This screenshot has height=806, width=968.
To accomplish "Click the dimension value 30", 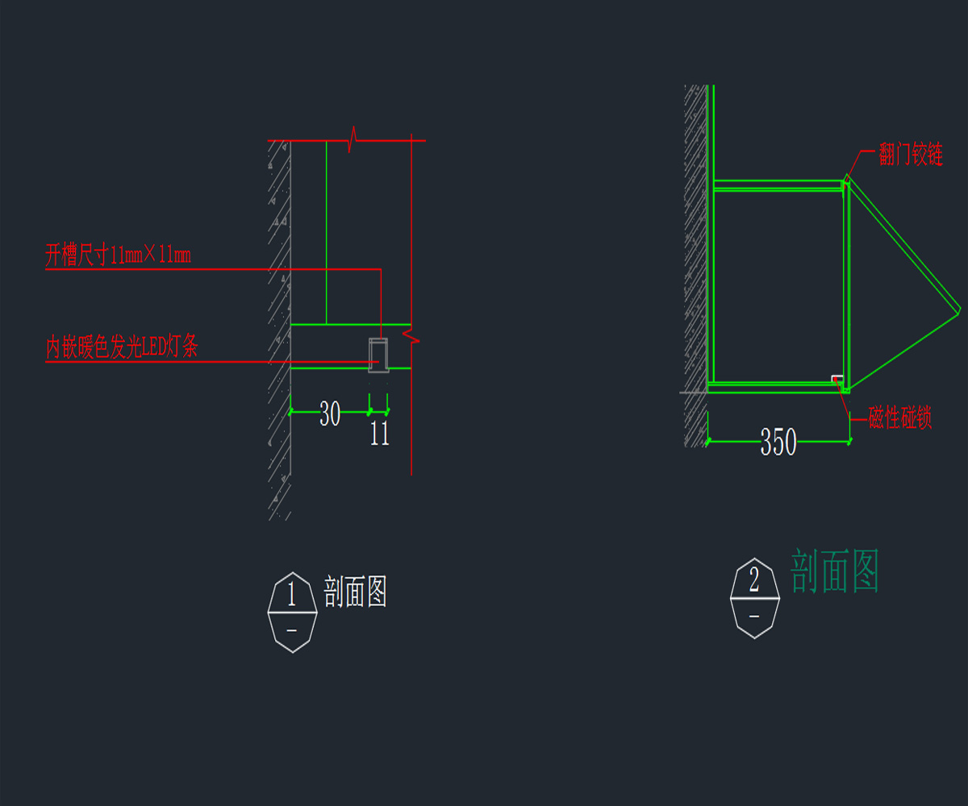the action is point(330,414).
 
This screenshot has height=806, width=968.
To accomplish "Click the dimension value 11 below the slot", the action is point(379,434).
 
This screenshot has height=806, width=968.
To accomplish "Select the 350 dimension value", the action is point(778,442).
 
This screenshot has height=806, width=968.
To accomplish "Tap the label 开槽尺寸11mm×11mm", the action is point(118,256).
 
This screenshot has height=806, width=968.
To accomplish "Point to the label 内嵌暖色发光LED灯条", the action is point(122,348).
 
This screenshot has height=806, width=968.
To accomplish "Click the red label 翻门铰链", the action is point(911,153).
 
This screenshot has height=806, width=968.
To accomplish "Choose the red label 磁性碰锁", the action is point(900,418).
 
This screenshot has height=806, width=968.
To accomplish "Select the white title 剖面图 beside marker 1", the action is point(356,592).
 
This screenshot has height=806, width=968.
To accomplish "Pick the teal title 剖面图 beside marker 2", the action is point(834,571).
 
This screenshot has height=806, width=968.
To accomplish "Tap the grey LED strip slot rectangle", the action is point(378,355).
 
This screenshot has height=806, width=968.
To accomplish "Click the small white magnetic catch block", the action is point(838,378).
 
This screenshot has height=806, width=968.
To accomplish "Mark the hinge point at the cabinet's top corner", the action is point(846,179).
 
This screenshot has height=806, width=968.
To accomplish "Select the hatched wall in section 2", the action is point(695,266).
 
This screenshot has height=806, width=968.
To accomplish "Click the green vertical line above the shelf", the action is point(326,234).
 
